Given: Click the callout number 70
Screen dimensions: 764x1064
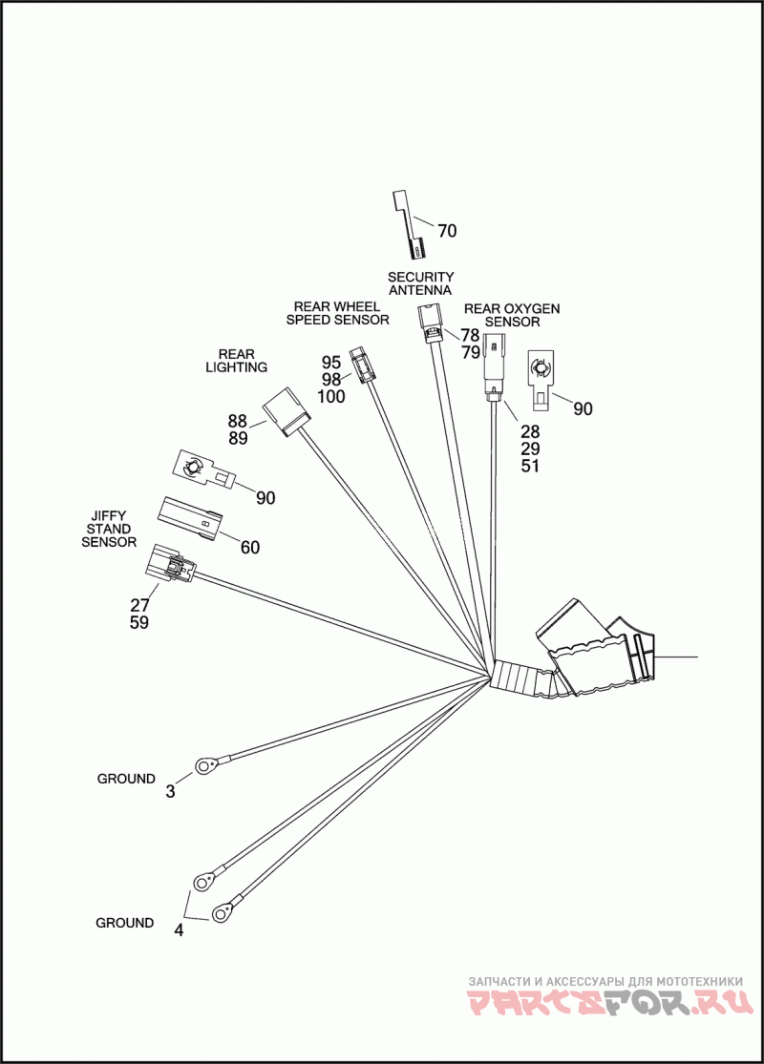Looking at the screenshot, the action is (447, 231).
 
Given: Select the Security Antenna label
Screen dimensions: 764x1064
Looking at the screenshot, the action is (420, 283).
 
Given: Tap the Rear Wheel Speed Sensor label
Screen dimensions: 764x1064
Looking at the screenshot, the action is (337, 313).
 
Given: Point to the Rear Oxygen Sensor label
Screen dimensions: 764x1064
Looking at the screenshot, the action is (512, 316).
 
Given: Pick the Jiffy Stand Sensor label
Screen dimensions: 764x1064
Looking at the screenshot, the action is (108, 529).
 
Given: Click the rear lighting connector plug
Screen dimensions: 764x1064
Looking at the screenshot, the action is (287, 411).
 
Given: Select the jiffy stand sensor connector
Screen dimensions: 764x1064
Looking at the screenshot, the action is (168, 567).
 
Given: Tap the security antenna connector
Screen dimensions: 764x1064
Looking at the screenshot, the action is (431, 323).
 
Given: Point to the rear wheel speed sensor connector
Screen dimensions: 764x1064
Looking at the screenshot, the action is (360, 365).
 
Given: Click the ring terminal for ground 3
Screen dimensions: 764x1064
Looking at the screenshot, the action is (205, 764).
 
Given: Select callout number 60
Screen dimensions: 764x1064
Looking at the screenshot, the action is (249, 548).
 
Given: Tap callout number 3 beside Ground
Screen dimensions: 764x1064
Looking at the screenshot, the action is (171, 791).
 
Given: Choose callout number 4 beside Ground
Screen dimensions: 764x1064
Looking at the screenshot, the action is (179, 930).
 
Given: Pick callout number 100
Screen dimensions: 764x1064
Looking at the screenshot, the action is (331, 397).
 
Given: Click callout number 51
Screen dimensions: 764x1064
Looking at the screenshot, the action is (530, 466).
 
